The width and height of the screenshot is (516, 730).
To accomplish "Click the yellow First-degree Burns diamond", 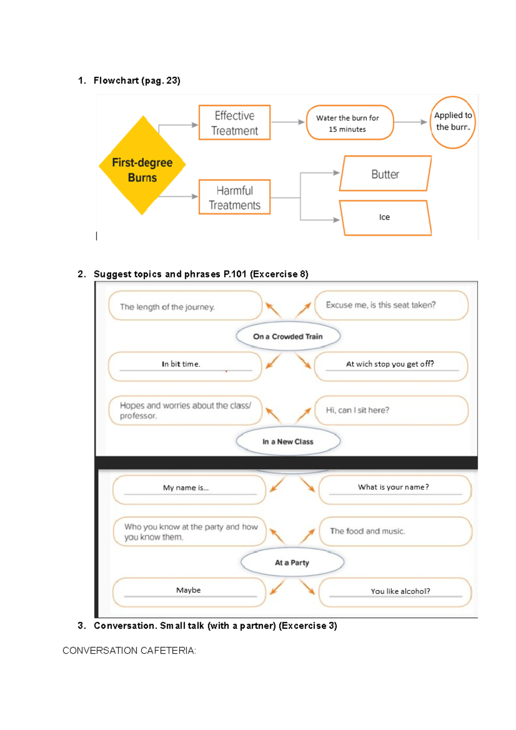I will coord(142,166).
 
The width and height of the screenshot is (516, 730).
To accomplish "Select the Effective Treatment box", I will coord(234,123).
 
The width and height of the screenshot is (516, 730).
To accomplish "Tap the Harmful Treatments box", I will coord(234,197).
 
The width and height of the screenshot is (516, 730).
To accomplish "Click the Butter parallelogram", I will coord(385,174).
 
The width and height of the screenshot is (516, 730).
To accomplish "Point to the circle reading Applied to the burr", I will coord(453,122).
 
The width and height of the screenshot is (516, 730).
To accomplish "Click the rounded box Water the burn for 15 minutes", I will coord(350,123).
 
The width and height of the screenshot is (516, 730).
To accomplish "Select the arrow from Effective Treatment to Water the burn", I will coord(288,122).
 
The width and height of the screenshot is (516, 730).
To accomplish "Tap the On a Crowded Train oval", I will coord(288,336).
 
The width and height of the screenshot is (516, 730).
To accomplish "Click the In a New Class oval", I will coord(288,442).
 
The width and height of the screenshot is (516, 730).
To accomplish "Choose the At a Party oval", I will coord(292,562).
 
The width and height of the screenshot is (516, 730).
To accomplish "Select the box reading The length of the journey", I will coord(185,306).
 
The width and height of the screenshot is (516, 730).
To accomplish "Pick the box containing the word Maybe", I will coord(189,592).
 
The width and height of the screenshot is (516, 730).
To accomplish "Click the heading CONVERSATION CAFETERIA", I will coord(129,650).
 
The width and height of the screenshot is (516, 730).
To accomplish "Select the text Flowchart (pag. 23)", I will coord(137,80).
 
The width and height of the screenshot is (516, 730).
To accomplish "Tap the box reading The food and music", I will coord(395,531).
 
